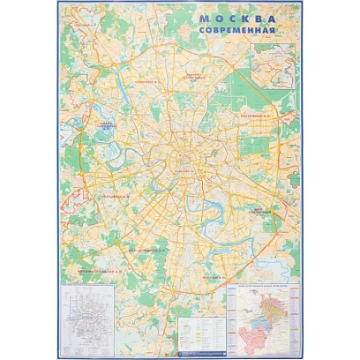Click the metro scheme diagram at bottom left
coord(95,319)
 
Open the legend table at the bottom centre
coord(202,332)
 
